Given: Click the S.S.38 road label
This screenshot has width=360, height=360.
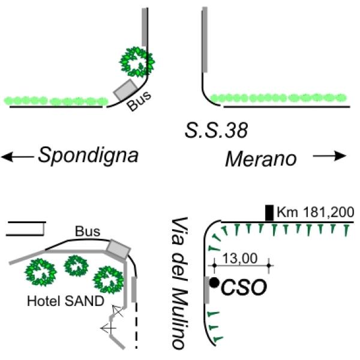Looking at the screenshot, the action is point(216,130).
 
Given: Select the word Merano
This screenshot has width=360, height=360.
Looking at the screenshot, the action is point(261,158).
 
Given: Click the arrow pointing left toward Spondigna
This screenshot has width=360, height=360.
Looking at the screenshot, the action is point(17,157).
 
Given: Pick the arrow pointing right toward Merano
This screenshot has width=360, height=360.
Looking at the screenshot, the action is point(329,156).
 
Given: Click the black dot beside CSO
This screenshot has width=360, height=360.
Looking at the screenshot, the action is point(214,283).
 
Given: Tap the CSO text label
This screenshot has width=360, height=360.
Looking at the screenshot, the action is point(244,287).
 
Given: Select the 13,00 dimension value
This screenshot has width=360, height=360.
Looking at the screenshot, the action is point(239,259).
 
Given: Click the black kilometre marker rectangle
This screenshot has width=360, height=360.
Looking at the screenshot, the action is point(269,213).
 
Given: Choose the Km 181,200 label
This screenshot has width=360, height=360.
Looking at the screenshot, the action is point(315,212).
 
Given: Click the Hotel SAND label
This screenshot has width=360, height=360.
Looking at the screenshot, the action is point(65,301).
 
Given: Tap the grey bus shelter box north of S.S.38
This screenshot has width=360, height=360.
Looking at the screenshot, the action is point(125,90).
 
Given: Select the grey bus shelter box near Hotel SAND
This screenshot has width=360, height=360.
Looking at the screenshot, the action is point(119,249).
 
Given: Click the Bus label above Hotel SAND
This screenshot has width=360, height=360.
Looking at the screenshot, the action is point(88,232).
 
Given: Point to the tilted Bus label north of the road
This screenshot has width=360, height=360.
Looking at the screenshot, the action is point(139,100).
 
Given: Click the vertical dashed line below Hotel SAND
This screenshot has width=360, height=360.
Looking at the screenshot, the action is point(136,326).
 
